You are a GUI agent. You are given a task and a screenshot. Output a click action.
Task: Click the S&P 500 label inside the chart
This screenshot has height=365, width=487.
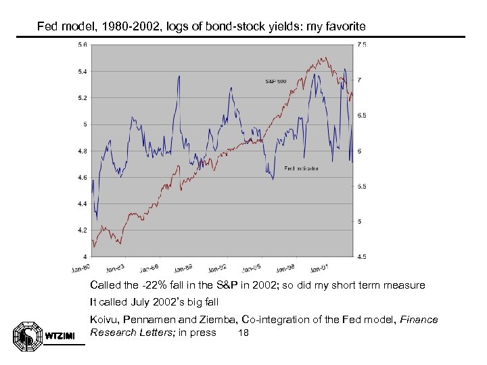pos(275,81)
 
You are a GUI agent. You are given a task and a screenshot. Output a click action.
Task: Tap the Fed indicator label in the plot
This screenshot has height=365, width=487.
pos(301,168)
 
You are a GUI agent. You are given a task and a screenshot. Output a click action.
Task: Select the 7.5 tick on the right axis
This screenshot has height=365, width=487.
pos(362,45)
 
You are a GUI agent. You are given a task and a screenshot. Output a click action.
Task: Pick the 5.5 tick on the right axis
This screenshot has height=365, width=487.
pos(362,187)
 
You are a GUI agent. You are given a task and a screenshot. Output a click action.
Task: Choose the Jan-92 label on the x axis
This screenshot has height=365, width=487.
pos(218,267)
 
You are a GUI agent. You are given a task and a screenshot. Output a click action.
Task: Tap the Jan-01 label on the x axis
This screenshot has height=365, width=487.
pos(320,267)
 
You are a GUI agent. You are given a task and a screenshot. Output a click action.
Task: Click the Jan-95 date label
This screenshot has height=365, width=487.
pos(252,267)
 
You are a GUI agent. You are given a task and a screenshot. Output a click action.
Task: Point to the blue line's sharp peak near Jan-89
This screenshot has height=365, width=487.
pos(179,76)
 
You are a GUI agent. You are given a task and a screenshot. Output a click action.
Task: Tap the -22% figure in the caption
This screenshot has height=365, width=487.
pos(153,285)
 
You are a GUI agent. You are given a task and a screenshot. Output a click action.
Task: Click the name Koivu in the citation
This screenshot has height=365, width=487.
pos(103,320)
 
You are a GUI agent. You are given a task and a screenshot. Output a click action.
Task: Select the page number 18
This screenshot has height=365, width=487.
pos(244,333)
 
